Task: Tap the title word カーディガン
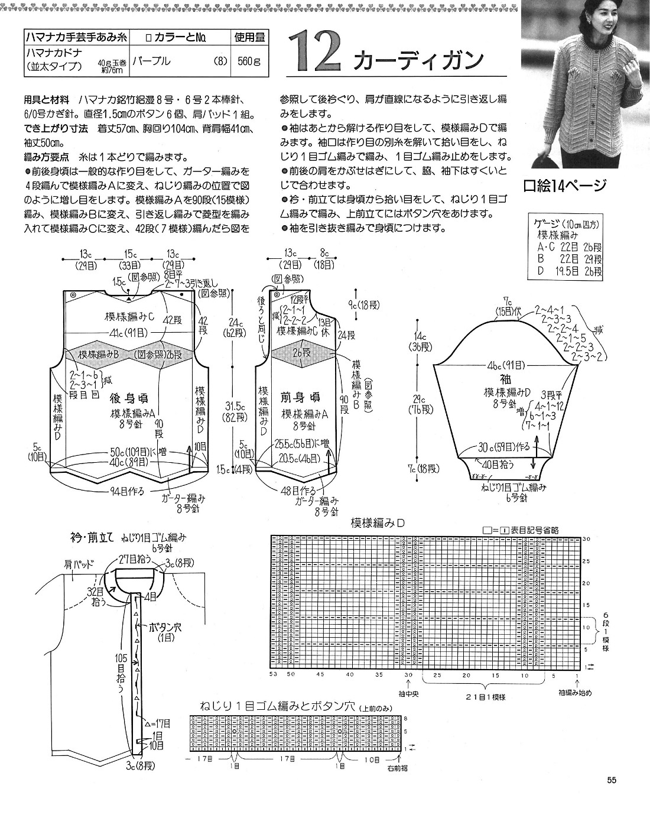(x=418, y=60)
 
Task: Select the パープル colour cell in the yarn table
(x=151, y=61)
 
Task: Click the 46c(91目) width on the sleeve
(x=503, y=365)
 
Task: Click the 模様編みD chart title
(x=377, y=523)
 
